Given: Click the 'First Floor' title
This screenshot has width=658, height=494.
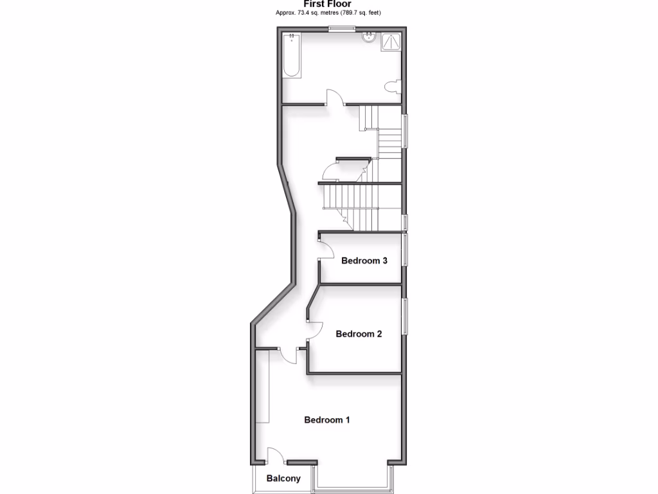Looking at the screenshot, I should click(328, 4).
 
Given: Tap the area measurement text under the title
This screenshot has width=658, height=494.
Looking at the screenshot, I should click(328, 12).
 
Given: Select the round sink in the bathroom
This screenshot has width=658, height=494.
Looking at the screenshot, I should click(369, 37).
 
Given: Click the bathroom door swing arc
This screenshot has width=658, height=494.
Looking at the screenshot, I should click(335, 96).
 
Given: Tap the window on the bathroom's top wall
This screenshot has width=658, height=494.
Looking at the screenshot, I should click(341, 27).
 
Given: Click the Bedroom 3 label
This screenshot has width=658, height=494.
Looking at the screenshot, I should click(364, 261).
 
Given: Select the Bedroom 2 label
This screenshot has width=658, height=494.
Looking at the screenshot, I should click(359, 334).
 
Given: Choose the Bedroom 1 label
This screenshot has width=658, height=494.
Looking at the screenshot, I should click(327, 420).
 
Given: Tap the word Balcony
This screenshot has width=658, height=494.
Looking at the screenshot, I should click(283, 479).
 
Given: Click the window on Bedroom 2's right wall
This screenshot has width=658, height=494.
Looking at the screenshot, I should click(405, 316).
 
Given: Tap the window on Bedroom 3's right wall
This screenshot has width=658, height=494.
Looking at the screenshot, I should click(405, 250).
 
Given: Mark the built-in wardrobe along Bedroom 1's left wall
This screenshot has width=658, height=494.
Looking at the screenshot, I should click(262, 386).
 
